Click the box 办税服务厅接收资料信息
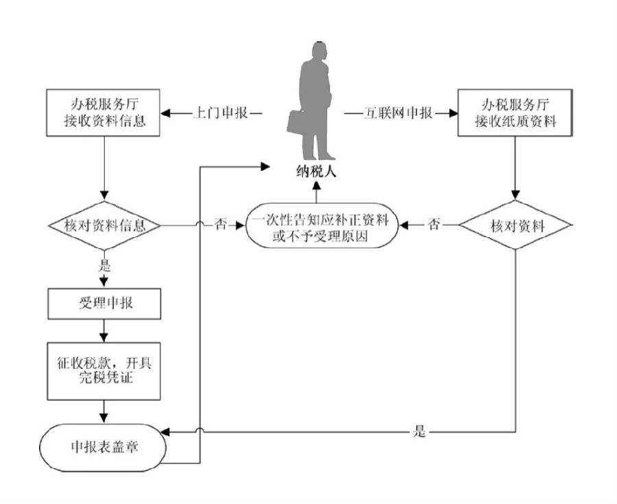pyautogui.click(x=103, y=113)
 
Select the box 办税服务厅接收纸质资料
pyautogui.click(x=515, y=113)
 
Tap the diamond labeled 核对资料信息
pyautogui.click(x=104, y=226)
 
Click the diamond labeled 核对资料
pyautogui.click(x=516, y=226)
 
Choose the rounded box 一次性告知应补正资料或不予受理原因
pyautogui.click(x=322, y=226)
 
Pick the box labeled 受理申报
pyautogui.click(x=104, y=304)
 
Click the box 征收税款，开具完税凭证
pyautogui.click(x=104, y=371)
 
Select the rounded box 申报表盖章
pyautogui.click(x=103, y=447)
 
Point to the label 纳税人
pyautogui.click(x=316, y=172)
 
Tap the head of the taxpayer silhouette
pyautogui.click(x=319, y=51)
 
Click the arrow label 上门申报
pyautogui.click(x=220, y=113)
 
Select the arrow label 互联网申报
pyautogui.click(x=398, y=113)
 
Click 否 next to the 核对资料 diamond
pyautogui.click(x=434, y=225)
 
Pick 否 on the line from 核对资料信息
pyautogui.click(x=220, y=225)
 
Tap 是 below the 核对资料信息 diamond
pyautogui.click(x=104, y=265)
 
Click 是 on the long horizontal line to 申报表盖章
pyautogui.click(x=420, y=431)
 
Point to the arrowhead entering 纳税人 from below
pyautogui.click(x=316, y=184)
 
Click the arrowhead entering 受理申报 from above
pyautogui.click(x=104, y=283)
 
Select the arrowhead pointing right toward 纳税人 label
pyautogui.click(x=265, y=167)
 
